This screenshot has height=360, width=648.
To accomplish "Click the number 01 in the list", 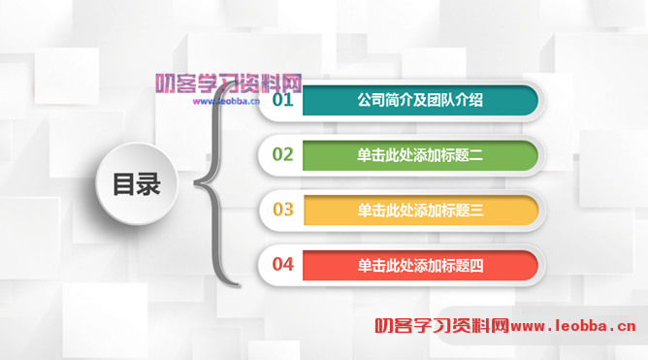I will (282, 100).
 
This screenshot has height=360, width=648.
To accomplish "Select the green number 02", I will (282, 154).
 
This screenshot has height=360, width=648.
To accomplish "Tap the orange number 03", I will (282, 210).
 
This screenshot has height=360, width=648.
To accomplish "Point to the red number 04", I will (282, 264).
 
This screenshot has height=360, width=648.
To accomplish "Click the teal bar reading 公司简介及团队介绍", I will (419, 100).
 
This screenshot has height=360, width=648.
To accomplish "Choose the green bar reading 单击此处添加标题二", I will (419, 154).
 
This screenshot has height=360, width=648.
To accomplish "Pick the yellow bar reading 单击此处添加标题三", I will (419, 210).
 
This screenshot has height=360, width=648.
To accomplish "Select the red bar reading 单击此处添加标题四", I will (419, 264).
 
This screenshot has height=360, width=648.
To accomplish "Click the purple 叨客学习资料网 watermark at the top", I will (229, 83).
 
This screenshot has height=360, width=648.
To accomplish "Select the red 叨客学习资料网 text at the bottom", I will (442, 327).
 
